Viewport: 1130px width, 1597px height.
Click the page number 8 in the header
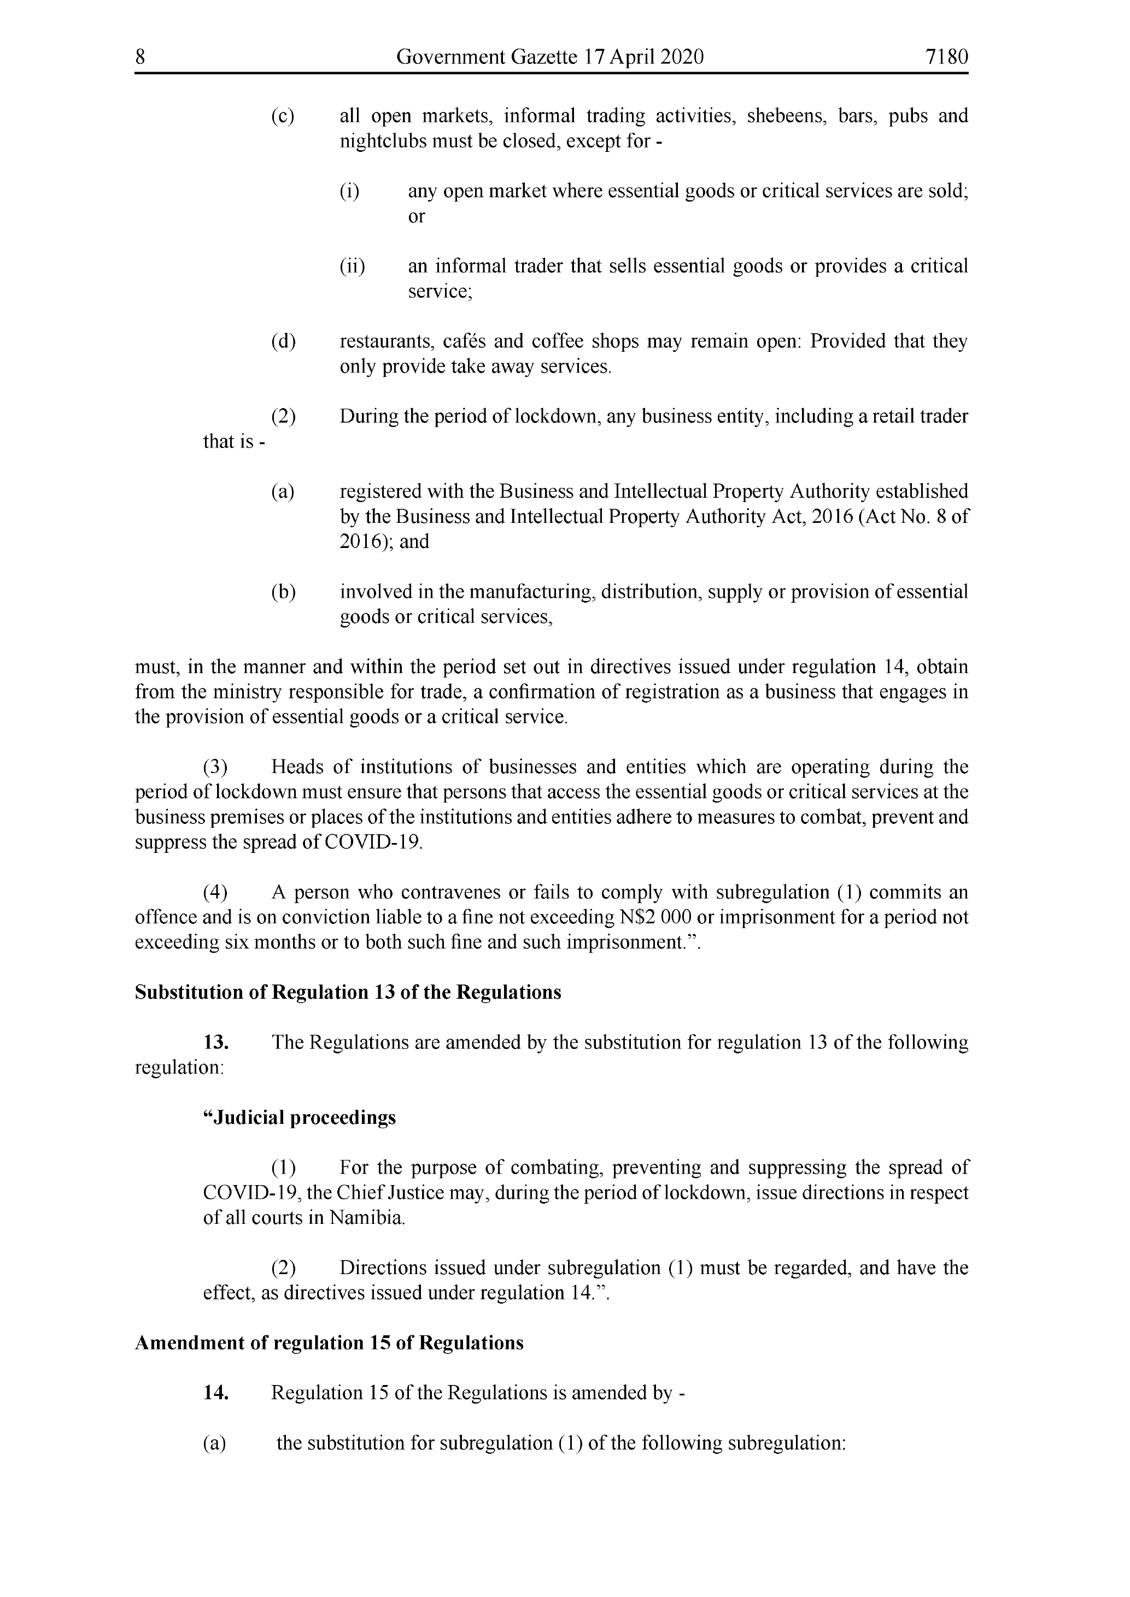coord(140,57)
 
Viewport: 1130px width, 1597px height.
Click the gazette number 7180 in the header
coord(946,57)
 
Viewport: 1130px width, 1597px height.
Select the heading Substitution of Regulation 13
coord(347,993)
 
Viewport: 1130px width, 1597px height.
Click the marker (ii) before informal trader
coord(352,267)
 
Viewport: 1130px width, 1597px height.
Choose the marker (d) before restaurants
coord(283,341)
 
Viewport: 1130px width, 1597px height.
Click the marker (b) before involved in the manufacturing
coord(283,592)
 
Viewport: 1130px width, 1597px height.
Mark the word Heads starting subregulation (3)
coord(297,767)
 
